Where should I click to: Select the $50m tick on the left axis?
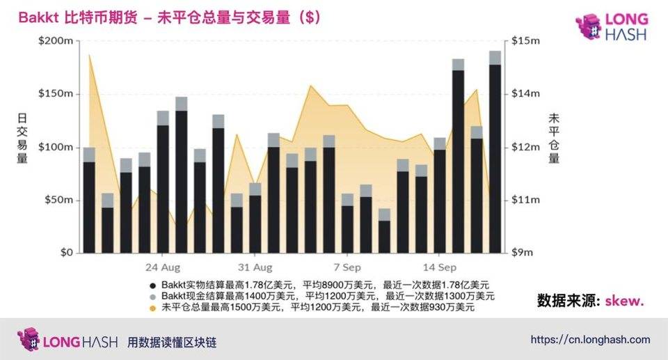point(61,201)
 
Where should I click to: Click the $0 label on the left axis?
point(65,253)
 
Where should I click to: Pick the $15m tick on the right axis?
point(526,42)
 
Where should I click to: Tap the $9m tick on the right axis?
point(526,253)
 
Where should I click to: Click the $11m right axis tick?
point(526,201)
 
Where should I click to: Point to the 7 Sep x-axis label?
point(347,267)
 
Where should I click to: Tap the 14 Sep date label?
point(440,267)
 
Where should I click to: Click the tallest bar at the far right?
point(495,153)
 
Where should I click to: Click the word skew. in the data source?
point(624,301)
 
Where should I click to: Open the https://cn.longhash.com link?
point(590,340)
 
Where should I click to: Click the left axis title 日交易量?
point(21,139)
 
